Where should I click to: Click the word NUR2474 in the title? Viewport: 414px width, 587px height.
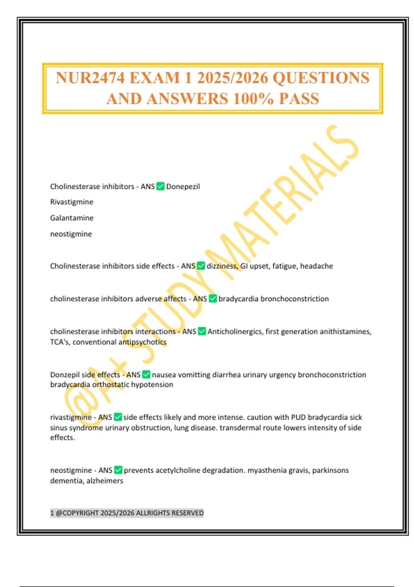tap(90, 78)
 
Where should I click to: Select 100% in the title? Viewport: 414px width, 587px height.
tap(253, 99)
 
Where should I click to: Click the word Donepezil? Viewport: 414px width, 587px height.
tap(183, 187)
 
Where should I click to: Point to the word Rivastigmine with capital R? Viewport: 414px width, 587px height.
tap(72, 202)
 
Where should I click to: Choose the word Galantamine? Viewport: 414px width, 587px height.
tap(72, 218)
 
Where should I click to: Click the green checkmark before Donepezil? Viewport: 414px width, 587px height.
tap(160, 186)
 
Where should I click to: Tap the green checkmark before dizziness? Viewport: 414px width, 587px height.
tap(201, 266)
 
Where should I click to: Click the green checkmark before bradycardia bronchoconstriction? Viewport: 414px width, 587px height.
tap(213, 299)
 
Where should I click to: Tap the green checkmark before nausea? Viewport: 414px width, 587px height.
tap(146, 375)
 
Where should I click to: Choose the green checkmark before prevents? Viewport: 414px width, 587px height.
tap(118, 470)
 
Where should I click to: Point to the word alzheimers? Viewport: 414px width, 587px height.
tap(105, 481)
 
